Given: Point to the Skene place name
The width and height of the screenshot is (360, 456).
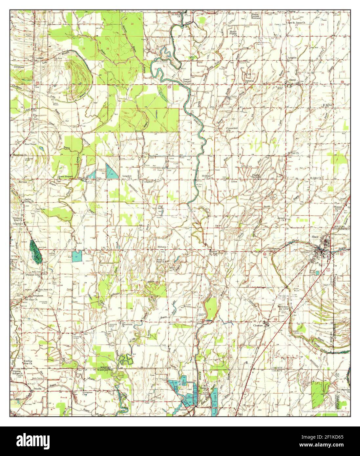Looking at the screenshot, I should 292,80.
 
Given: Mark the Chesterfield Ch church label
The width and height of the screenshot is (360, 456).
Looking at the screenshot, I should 230,129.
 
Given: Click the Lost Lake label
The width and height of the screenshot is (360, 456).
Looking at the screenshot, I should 160,207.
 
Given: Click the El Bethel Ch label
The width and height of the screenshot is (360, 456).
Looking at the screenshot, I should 327,106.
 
